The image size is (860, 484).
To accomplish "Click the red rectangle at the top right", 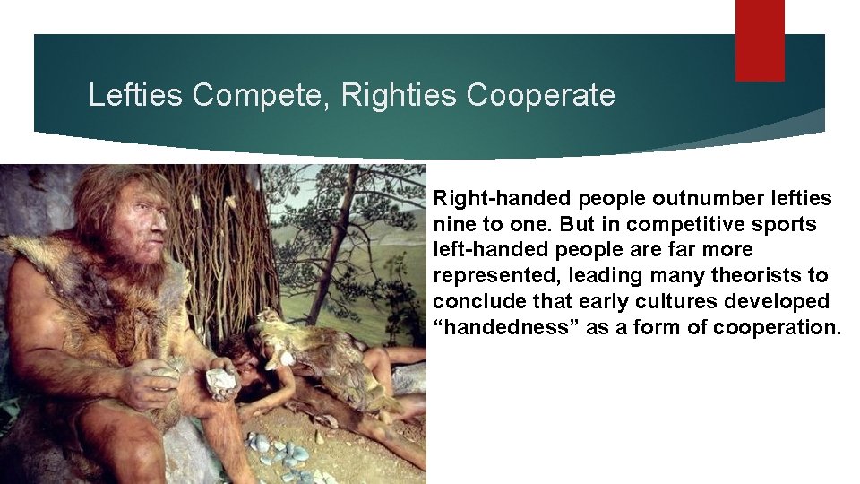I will coord(760,40).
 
